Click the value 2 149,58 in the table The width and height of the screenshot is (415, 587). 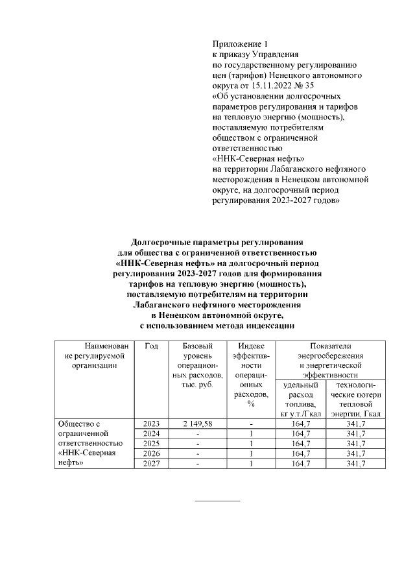198,424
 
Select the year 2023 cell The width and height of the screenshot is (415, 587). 151,424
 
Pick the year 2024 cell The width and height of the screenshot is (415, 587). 151,433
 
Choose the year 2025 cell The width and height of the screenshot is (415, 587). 151,444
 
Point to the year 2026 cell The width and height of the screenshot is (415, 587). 151,454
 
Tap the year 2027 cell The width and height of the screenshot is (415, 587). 151,464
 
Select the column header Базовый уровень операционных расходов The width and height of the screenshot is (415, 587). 198,366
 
